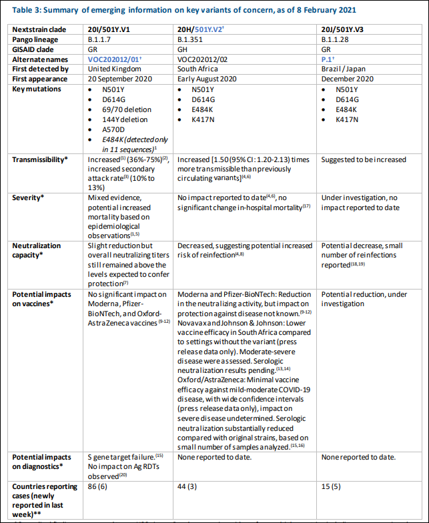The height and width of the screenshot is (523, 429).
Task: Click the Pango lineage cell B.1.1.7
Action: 100,40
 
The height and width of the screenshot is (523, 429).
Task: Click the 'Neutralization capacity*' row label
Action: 37,250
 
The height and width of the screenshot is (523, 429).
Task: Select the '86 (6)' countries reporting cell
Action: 100,486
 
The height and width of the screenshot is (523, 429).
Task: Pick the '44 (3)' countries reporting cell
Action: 189,486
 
